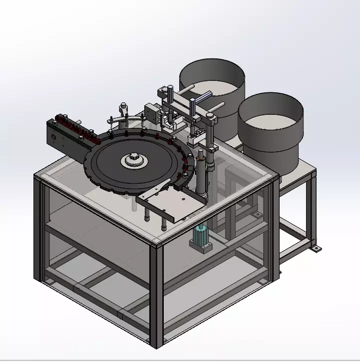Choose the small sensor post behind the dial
coord(123,112)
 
